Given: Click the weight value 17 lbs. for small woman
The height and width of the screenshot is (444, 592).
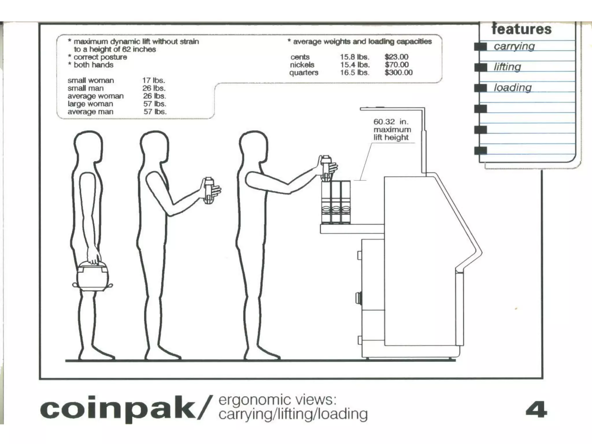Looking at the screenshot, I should (153, 80).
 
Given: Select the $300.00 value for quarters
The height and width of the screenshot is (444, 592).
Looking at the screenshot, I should (398, 73).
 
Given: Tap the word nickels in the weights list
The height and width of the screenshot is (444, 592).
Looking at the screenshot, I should (302, 65).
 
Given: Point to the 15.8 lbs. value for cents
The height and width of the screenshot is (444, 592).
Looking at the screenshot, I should (354, 57).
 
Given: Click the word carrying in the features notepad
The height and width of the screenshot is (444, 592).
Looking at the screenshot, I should (514, 46).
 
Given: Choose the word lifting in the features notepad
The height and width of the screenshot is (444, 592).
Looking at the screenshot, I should (507, 67).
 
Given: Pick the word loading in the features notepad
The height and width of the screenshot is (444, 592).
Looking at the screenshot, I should (513, 88).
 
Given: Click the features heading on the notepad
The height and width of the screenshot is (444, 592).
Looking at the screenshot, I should (521, 29).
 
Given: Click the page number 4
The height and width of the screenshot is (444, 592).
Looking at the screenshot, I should (536, 409).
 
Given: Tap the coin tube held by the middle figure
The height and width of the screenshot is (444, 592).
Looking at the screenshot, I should (209, 190).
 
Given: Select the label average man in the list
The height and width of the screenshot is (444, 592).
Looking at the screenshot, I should (90, 112).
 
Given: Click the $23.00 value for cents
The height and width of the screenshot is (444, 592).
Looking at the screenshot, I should (396, 57).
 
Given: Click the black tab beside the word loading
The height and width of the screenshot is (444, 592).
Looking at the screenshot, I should (480, 88).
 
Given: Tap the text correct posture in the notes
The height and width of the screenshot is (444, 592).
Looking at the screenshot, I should (100, 57).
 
